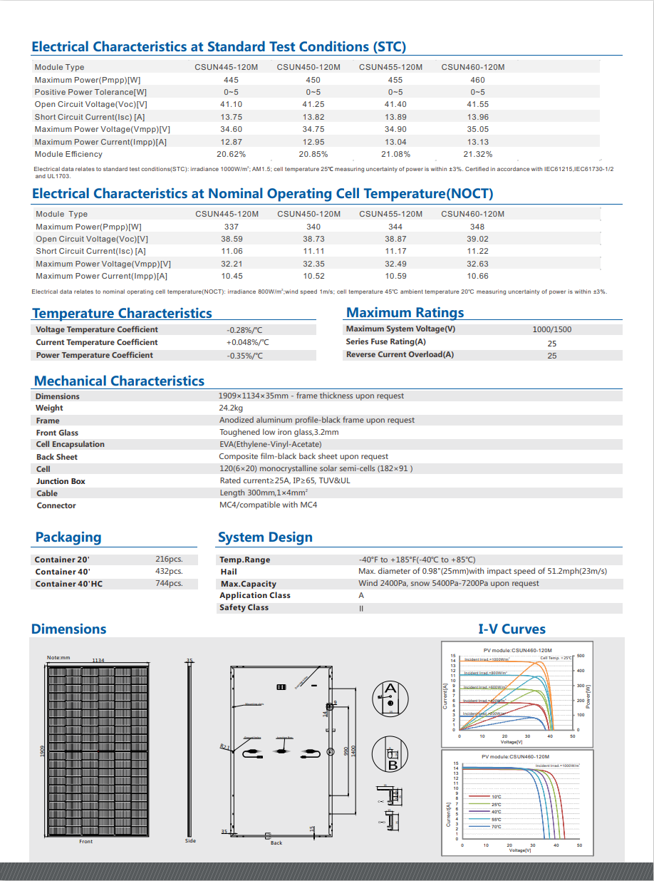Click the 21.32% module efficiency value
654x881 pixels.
point(477,154)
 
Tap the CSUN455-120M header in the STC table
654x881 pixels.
point(390,67)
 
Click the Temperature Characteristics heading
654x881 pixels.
point(122,313)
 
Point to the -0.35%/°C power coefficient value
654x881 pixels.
point(244,356)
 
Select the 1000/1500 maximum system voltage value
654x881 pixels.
point(551,329)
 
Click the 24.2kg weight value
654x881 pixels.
point(231,408)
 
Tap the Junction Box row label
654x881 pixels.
point(61,481)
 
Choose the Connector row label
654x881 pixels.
point(56,505)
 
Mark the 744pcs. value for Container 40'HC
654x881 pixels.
point(169,584)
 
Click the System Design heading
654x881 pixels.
point(265,537)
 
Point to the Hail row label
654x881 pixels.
point(229,572)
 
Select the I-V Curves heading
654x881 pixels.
point(512,629)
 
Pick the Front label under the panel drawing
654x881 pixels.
point(85,842)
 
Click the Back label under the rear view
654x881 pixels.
point(276,843)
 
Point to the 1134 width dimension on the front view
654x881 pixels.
point(98,661)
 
